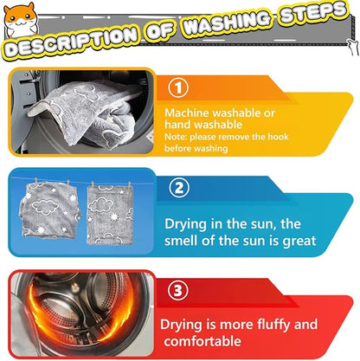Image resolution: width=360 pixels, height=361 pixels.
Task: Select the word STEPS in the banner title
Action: click(x=313, y=12)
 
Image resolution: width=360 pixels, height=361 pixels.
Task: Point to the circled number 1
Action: click(x=178, y=87)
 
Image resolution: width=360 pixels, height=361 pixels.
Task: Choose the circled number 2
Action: click(x=179, y=188)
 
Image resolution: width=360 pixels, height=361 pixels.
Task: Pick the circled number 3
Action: click(x=178, y=290)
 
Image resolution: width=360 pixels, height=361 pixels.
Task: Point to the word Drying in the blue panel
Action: click(x=186, y=224)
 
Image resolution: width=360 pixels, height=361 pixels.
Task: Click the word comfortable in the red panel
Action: click(x=202, y=341)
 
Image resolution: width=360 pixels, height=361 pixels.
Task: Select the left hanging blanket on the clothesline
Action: click(x=50, y=210)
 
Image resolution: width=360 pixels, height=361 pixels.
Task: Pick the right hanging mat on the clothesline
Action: click(x=110, y=215)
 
